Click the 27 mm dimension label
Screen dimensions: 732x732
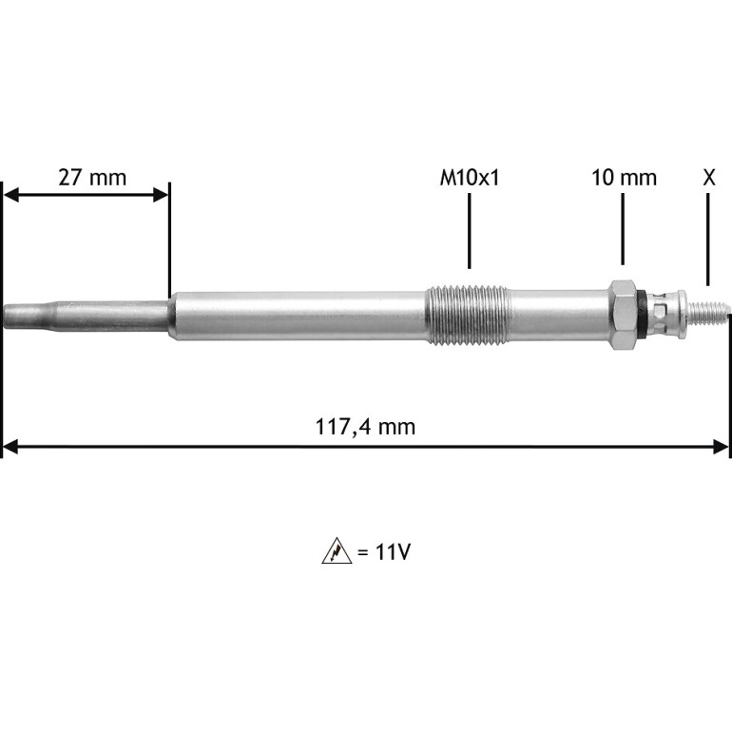[92, 178]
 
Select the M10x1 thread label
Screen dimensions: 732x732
[470, 178]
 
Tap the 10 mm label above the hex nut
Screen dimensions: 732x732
[625, 178]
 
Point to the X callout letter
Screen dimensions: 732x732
[708, 178]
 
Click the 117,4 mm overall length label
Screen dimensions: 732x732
[366, 427]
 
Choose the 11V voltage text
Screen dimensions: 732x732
[393, 552]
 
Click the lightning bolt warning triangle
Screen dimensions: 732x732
[337, 551]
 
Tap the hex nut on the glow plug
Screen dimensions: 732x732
[623, 315]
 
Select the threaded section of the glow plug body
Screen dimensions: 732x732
[467, 316]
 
